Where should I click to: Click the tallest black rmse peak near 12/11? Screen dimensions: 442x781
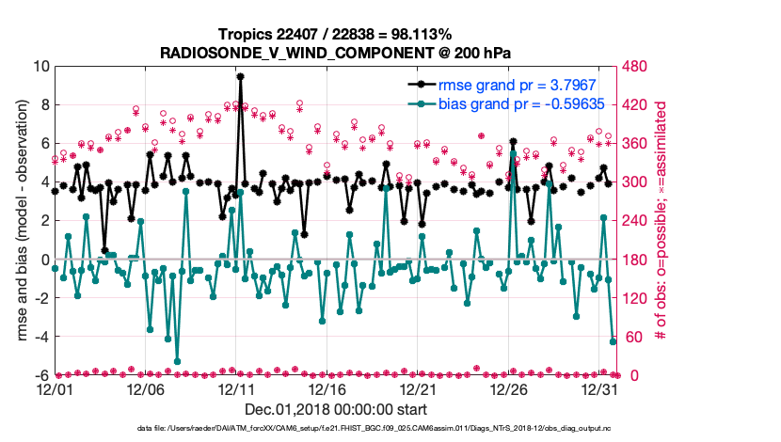click(x=241, y=77)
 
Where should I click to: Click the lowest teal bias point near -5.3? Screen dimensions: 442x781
click(x=177, y=361)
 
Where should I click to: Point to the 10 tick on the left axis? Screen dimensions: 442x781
click(x=40, y=66)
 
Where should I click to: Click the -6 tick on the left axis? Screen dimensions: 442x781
click(x=40, y=375)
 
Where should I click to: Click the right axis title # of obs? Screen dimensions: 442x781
click(x=661, y=221)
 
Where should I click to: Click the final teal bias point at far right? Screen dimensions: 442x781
click(x=613, y=341)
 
